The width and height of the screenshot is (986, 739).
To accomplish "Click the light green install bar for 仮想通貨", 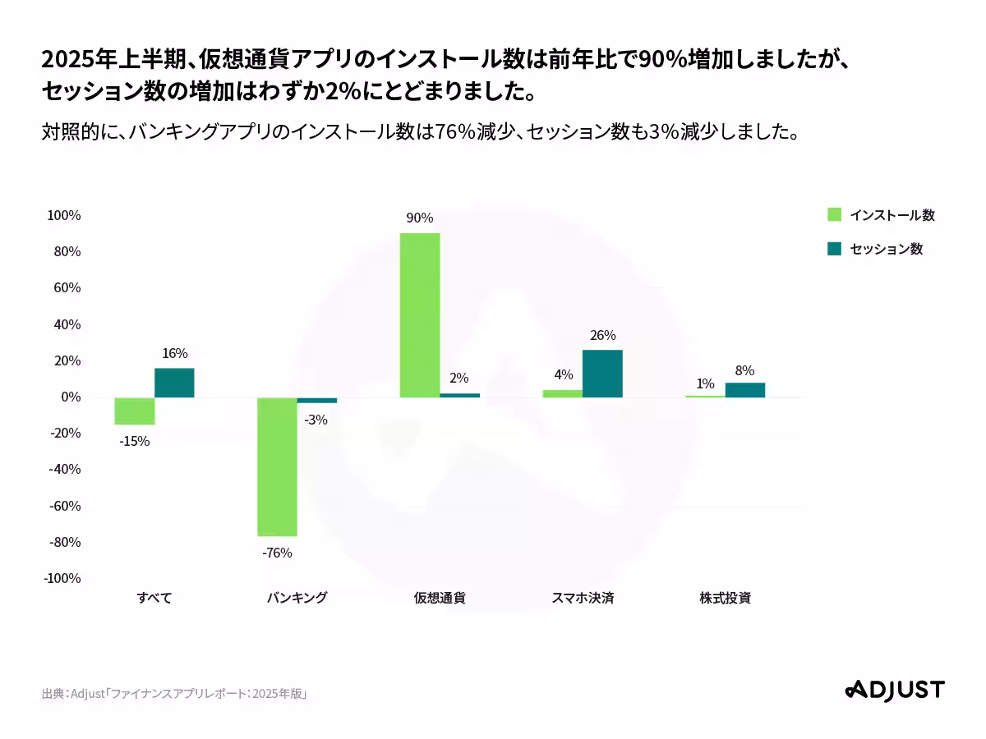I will coord(420,315).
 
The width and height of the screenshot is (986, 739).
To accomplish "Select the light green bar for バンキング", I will coord(277,466).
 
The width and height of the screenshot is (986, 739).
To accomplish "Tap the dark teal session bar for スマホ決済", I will coord(602,374).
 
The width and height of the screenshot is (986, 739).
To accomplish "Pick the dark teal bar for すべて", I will coord(174,383).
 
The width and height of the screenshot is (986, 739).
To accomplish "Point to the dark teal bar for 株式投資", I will coord(744,390).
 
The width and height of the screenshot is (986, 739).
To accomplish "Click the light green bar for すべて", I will coord(135,411).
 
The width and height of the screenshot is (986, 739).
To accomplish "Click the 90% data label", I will coord(419,218).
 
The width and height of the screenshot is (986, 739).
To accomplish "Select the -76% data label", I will coord(277,553).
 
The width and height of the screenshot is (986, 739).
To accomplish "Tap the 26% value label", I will coord(602,335).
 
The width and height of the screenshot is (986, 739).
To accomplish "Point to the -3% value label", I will coord(316,420).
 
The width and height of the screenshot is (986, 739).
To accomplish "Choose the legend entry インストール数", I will coord(881,215).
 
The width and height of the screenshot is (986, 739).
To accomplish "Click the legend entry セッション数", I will coord(875,249).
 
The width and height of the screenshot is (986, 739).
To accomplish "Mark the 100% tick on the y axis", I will coord(64,215).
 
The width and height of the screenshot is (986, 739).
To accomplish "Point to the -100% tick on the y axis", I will coord(62,578).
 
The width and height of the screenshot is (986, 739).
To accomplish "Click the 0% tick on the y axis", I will coord(69,397).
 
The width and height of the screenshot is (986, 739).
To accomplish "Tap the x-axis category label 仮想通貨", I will coord(440,598).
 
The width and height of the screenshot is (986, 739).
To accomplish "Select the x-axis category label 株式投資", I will coord(725,598).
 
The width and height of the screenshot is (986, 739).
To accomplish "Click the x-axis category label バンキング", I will coord(297,598).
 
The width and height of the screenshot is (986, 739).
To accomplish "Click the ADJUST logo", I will coord(895,690).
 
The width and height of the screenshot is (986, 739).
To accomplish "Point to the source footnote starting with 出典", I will coord(175,694).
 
